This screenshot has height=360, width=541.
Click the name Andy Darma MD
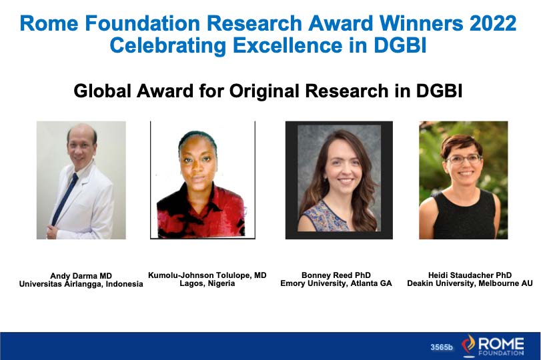[x=80, y=275]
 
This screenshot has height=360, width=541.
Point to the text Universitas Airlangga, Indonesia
[x=80, y=284]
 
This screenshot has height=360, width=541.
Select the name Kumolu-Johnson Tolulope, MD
[x=207, y=275]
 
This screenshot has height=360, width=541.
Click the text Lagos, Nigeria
[x=207, y=283]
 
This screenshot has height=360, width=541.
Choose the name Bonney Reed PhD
[x=336, y=275]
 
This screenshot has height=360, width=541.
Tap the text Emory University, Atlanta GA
[x=336, y=283]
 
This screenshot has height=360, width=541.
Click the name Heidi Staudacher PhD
[x=470, y=275]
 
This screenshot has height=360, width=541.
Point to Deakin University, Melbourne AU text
[x=470, y=283]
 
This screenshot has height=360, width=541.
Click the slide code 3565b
[x=442, y=347]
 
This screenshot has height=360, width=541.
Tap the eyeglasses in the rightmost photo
[x=464, y=159]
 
